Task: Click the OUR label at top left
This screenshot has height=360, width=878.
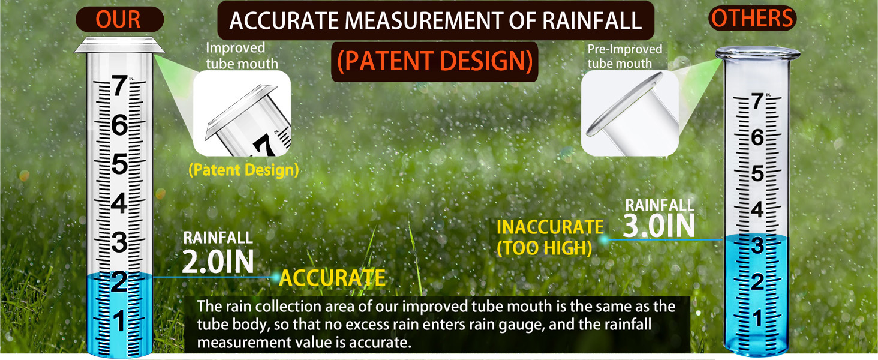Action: click(119, 19)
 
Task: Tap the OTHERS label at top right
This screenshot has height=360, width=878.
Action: click(752, 19)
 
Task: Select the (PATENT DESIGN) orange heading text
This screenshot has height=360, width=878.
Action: click(434, 62)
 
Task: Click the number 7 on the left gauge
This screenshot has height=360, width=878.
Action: click(119, 88)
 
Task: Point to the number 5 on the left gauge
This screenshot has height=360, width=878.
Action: click(119, 164)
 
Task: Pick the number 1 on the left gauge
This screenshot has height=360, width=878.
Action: click(119, 322)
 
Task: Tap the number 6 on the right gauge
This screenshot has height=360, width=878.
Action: click(757, 137)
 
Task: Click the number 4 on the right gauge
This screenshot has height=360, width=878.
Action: click(757, 210)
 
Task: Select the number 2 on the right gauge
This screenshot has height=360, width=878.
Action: click(757, 281)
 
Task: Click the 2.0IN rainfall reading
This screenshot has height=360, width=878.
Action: click(218, 262)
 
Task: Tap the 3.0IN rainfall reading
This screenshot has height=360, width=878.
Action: click(659, 226)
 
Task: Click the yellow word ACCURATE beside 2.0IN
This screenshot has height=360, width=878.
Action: click(332, 278)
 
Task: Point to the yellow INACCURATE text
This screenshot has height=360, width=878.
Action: click(550, 227)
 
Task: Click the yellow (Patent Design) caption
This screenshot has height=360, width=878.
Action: click(243, 170)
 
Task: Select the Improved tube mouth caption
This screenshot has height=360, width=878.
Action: click(242, 55)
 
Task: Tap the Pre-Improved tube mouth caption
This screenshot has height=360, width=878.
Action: click(624, 56)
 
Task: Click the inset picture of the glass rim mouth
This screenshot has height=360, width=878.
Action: click(630, 113)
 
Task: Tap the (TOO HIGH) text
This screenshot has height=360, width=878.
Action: click(544, 248)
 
